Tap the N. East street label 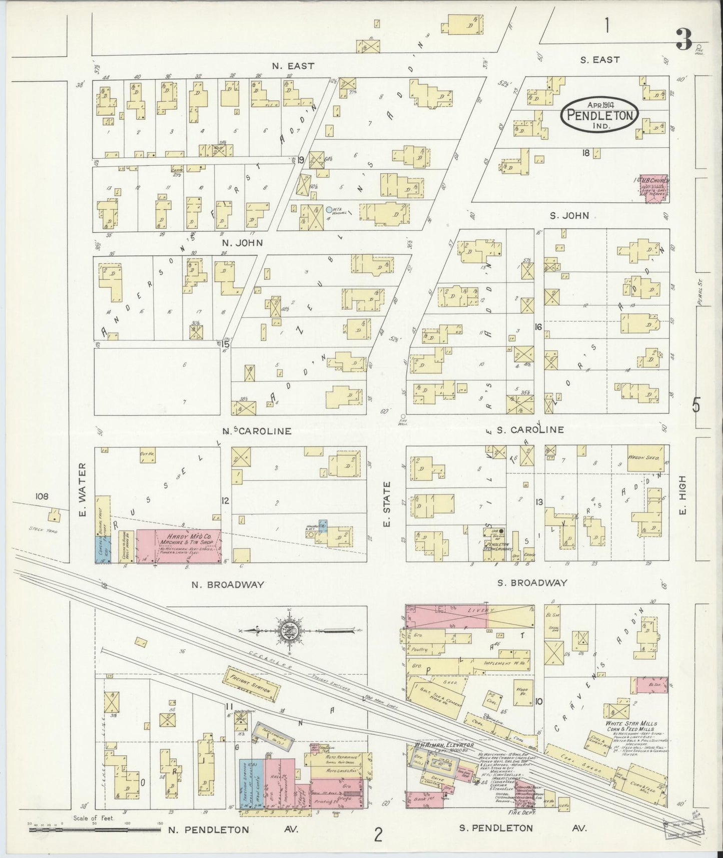[x=293, y=66]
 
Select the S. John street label [x=569, y=216]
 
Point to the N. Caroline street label [x=257, y=431]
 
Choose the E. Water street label [x=84, y=490]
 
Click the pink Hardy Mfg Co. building [x=178, y=546]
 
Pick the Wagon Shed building [x=646, y=458]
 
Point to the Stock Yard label [x=44, y=530]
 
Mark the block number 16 [x=538, y=327]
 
